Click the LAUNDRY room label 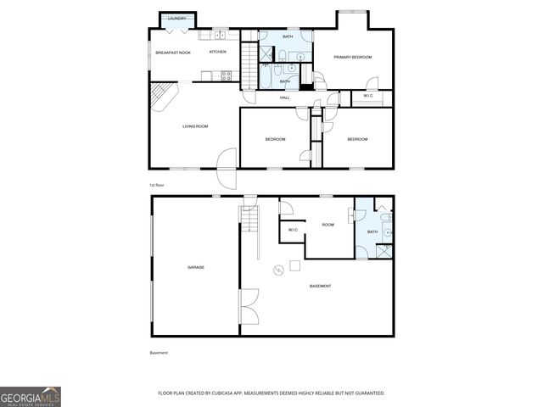[x=176, y=18]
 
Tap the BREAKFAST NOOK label [x=172, y=53]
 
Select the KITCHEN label [x=218, y=53]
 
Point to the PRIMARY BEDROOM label [x=353, y=57]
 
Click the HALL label [x=285, y=98]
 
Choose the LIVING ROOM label [x=195, y=126]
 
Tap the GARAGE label [x=195, y=267]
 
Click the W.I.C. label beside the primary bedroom [x=368, y=96]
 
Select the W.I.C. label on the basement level [x=293, y=230]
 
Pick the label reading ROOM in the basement [x=327, y=225]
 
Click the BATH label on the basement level [x=372, y=231]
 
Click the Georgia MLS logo [x=31, y=396]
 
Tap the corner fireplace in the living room [x=161, y=94]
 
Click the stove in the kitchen [x=227, y=75]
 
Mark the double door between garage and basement [x=248, y=306]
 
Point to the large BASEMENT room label [x=320, y=286]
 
